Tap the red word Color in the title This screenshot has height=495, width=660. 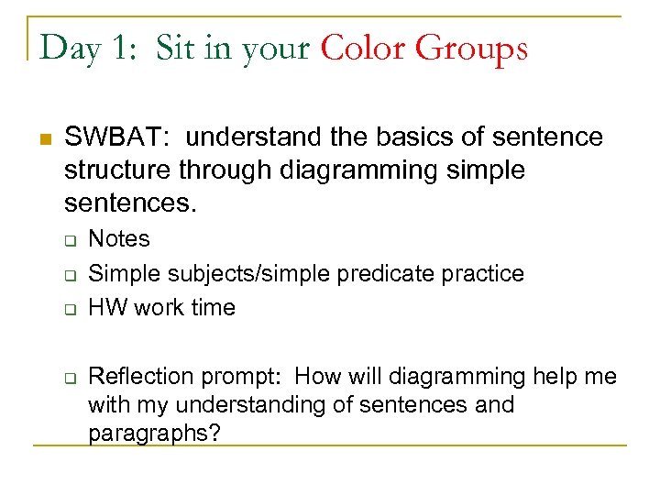(364, 48)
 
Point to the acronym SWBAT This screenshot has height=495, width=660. (112, 137)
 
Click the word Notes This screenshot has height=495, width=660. (118, 239)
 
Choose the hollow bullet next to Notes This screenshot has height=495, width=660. (69, 240)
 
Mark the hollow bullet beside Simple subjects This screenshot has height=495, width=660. (69, 274)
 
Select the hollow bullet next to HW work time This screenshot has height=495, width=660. (69, 308)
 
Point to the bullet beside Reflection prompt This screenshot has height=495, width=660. (69, 378)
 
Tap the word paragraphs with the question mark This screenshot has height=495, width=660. (153, 433)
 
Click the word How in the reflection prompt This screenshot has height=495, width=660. (318, 376)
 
